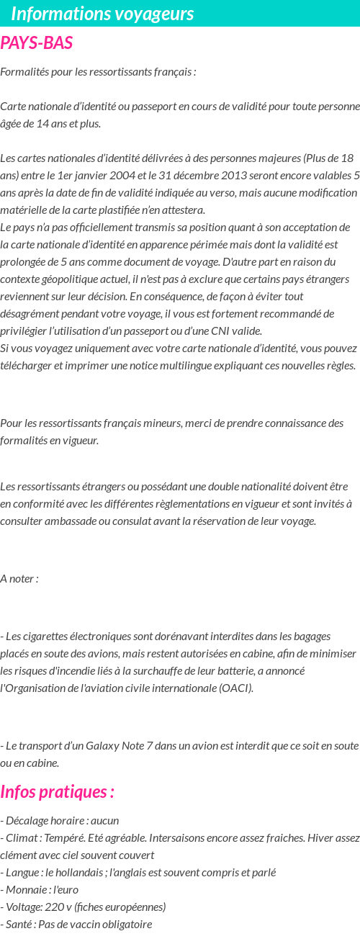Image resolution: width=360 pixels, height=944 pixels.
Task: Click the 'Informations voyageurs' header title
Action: (102, 14)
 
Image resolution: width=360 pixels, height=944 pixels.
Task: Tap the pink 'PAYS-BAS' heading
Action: (37, 43)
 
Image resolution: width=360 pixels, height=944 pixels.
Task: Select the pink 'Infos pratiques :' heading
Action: (58, 792)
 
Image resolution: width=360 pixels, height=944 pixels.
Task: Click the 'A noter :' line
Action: (19, 578)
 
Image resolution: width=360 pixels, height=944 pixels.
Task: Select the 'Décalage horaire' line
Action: (60, 820)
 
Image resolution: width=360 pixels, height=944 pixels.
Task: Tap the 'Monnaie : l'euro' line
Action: (40, 889)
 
